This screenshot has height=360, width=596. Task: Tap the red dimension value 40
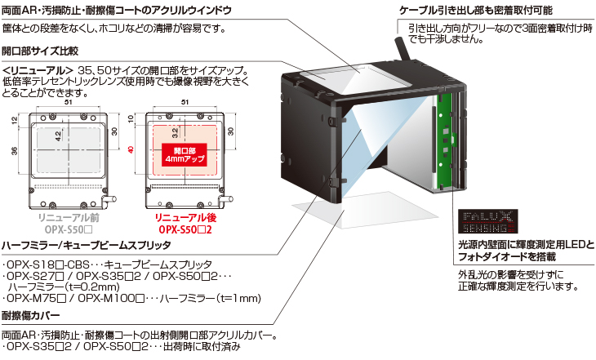coord(131,150)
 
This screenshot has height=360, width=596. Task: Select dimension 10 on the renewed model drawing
coord(131,120)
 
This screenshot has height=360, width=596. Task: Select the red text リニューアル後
coord(185,218)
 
